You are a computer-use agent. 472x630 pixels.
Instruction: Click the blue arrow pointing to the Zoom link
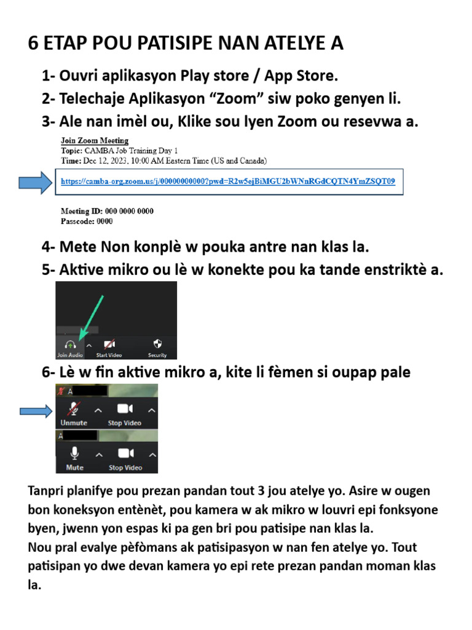pos(34,182)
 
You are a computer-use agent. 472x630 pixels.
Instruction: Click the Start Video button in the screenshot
pos(109,345)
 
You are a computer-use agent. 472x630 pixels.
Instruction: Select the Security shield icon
pos(157,343)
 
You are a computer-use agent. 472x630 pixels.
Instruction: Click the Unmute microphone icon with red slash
pos(74,409)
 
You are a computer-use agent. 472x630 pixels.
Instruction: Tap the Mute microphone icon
pos(74,454)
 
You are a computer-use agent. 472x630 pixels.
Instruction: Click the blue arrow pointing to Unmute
pos(36,412)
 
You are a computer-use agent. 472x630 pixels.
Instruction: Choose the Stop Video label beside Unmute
pos(125,423)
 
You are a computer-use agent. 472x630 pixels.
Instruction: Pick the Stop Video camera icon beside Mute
pos(125,453)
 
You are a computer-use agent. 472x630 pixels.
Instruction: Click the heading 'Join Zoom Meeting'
pos(94,141)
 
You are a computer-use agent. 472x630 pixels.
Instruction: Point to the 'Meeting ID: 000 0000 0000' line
pos(107,211)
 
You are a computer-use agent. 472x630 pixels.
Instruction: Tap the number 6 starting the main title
pos(34,44)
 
